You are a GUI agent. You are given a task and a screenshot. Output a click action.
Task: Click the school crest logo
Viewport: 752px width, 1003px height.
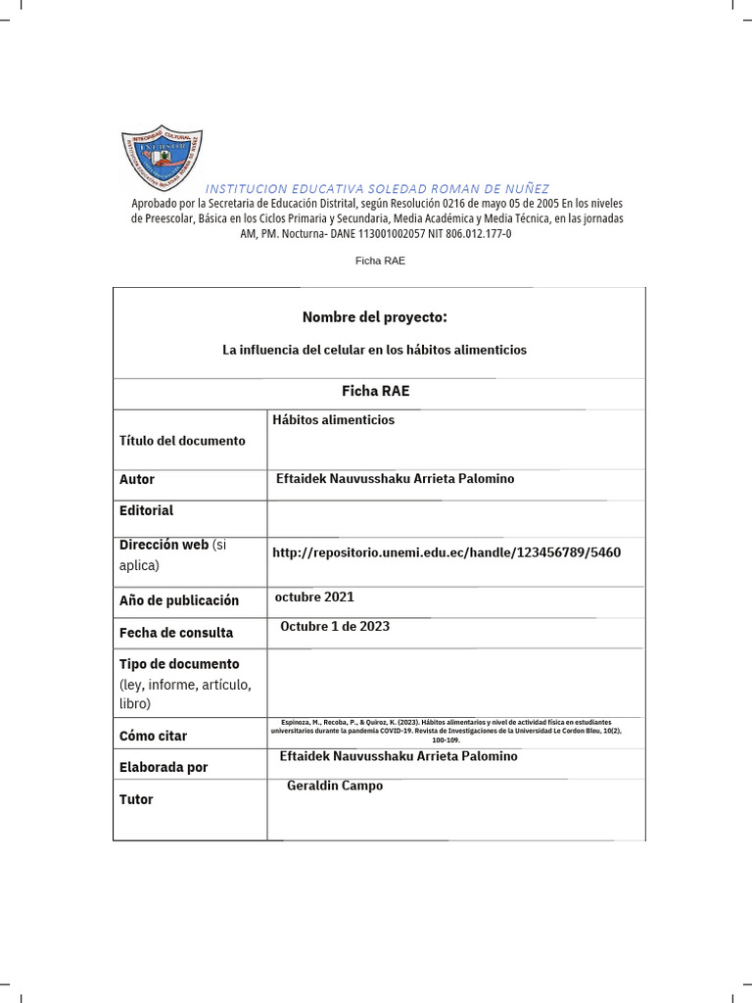pyautogui.click(x=162, y=157)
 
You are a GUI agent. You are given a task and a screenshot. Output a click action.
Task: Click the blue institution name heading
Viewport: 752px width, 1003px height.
pyautogui.click(x=377, y=188)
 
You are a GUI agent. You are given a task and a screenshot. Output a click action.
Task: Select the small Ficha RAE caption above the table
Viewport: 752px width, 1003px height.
pyautogui.click(x=379, y=261)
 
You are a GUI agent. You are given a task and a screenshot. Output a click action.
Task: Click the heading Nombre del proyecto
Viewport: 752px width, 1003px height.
pyautogui.click(x=374, y=317)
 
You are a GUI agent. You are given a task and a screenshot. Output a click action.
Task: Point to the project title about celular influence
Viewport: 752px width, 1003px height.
pyautogui.click(x=374, y=350)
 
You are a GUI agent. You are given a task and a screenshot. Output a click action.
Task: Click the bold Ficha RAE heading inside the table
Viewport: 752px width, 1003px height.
pyautogui.click(x=375, y=391)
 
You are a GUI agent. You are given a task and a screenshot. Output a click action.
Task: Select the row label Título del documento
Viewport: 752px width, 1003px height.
pyautogui.click(x=182, y=441)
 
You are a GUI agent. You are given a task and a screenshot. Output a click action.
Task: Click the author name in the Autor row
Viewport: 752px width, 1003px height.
pyautogui.click(x=397, y=479)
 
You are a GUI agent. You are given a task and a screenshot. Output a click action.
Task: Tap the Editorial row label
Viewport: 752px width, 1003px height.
pyautogui.click(x=146, y=510)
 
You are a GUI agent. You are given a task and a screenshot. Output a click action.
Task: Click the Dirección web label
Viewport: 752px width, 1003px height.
pyautogui.click(x=164, y=545)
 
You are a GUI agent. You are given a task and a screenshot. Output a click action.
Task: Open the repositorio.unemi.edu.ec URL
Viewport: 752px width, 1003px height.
pyautogui.click(x=446, y=552)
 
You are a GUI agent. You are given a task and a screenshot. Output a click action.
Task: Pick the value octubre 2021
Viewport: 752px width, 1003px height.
pyautogui.click(x=314, y=597)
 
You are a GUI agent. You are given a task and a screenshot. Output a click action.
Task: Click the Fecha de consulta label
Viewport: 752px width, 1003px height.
pyautogui.click(x=176, y=633)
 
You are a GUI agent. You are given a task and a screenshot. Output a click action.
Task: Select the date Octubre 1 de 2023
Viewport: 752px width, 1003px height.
pyautogui.click(x=335, y=626)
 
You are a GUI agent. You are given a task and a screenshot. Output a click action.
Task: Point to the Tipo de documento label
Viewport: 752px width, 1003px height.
pyautogui.click(x=179, y=664)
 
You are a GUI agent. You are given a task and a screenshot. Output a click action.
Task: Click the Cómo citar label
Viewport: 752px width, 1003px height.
pyautogui.click(x=153, y=736)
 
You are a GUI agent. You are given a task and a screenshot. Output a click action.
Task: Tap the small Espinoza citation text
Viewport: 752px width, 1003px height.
pyautogui.click(x=451, y=732)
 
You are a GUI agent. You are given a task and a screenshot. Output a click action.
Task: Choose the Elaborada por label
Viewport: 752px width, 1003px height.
pyautogui.click(x=164, y=767)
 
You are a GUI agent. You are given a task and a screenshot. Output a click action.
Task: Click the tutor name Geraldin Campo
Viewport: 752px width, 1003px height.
pyautogui.click(x=335, y=786)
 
